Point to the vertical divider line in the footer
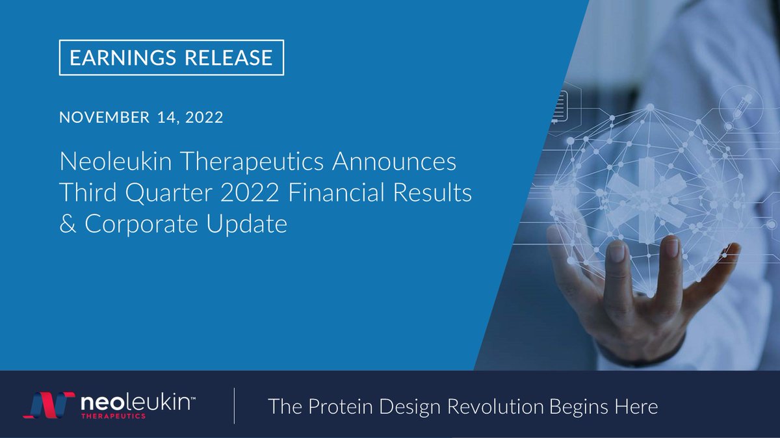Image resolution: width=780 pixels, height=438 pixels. click(234, 407)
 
